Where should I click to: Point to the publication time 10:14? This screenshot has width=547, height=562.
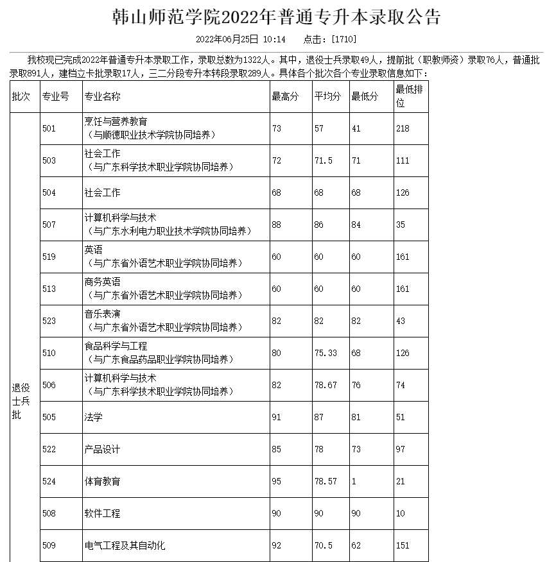pos(274,39)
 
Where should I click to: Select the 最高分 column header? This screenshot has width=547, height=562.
pos(285,97)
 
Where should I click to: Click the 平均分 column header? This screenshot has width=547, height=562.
pos(327,97)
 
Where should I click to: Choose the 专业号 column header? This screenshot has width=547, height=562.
pos(55,97)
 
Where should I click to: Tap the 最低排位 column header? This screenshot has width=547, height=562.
pos(409,96)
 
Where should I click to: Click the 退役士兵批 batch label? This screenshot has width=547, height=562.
pos(21,401)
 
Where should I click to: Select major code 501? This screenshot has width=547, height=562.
pos(49,128)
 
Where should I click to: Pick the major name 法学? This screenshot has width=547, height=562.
pos(93,417)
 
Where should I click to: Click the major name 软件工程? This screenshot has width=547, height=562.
pos(102,513)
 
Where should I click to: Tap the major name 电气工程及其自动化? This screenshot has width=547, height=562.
pos(125,545)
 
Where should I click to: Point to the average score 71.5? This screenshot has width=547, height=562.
pos(323,160)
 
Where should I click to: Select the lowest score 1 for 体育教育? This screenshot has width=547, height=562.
pos(354,481)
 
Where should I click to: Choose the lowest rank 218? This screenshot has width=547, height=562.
pos(403,128)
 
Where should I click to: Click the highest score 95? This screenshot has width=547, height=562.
pos(277,481)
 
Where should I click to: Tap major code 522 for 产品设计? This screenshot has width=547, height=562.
pos(49,449)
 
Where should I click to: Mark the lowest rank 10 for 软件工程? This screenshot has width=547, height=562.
pos(400,513)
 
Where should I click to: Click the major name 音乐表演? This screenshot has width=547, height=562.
pos(102,314)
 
